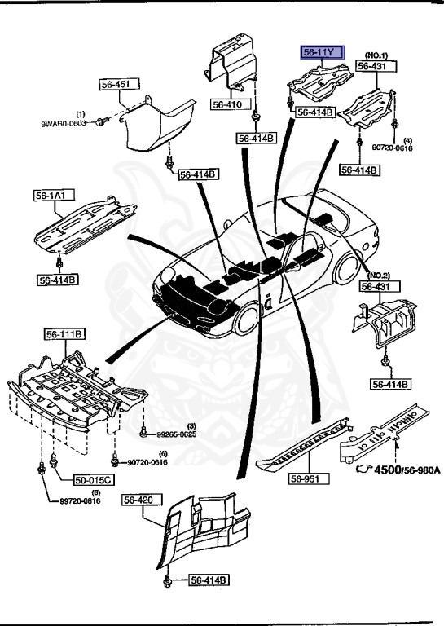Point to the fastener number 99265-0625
click(176, 435)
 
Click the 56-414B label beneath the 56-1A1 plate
click(57, 280)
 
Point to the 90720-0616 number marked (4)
click(393, 148)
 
